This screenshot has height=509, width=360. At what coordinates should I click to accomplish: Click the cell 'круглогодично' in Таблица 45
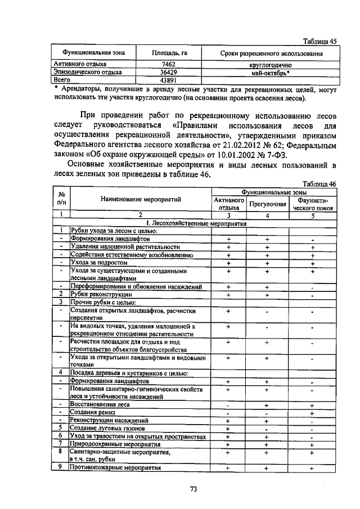[x=270, y=65]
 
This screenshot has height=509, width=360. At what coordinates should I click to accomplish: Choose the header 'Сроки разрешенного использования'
[x=271, y=53]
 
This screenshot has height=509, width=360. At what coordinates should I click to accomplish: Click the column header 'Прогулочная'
[x=267, y=204]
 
